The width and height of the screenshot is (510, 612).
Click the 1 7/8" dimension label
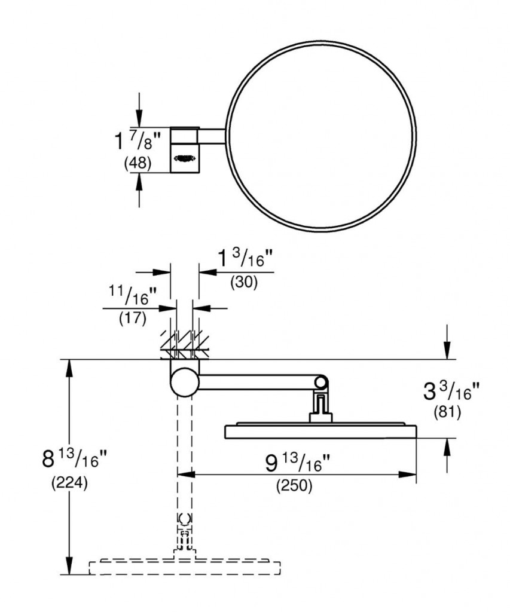(x=138, y=142)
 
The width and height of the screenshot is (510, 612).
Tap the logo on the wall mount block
(x=184, y=158)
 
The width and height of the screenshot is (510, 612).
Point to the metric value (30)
(x=244, y=283)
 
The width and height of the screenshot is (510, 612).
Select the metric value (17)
(x=132, y=318)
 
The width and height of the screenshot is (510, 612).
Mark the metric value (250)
(x=294, y=487)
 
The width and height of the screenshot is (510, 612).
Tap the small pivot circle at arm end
(x=322, y=382)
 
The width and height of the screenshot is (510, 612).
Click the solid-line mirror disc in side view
(x=320, y=432)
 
